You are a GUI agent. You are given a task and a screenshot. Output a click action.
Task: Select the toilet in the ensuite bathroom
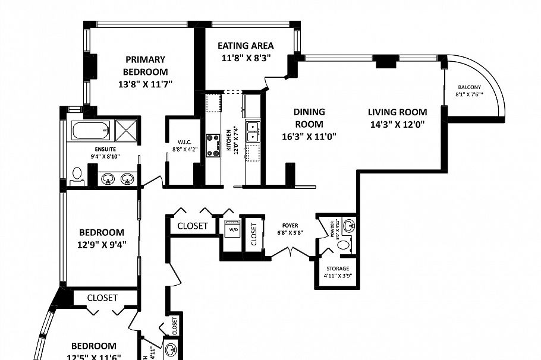coord(77,174)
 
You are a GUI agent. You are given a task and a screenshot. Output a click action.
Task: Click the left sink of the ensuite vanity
coord(108,179)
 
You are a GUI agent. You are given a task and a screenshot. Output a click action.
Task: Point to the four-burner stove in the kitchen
coord(213,146)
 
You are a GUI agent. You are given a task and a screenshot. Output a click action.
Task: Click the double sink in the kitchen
coord(253,131)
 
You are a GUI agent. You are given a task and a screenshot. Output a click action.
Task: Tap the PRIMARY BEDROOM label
coord(145,65)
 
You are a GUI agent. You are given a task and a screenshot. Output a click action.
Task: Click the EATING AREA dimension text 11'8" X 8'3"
coord(246,58)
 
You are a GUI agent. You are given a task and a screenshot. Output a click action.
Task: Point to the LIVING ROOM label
coord(397,112)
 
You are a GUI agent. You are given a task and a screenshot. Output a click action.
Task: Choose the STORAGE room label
coord(336,269)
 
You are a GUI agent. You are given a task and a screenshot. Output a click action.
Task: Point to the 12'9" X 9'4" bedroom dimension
coord(102,243)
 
